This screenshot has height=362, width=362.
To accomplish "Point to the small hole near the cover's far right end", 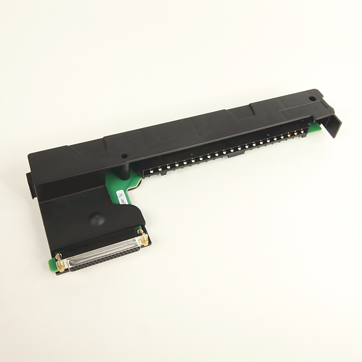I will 311,98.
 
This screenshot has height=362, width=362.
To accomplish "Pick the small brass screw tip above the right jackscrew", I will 139,230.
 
